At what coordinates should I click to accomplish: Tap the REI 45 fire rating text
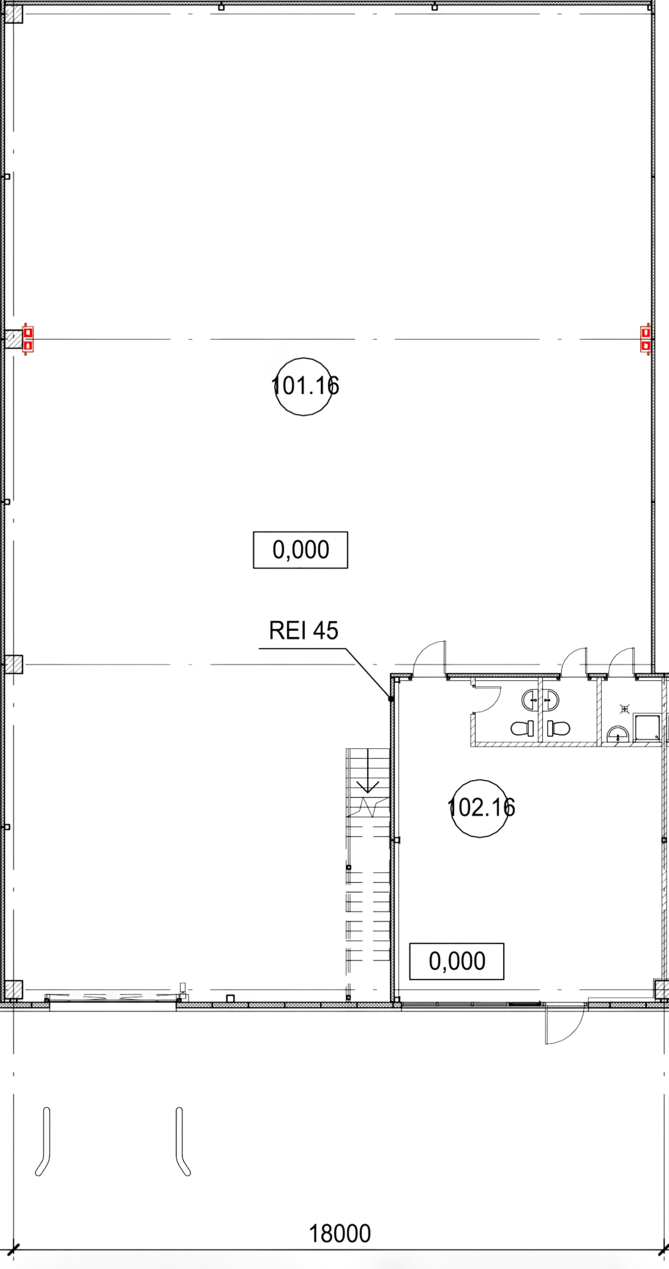[x=304, y=631]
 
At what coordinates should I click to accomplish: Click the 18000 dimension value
[x=340, y=1234]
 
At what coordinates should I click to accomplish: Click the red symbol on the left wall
[x=28, y=339]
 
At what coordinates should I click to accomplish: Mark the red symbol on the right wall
[x=646, y=339]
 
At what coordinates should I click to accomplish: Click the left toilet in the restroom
[x=522, y=728]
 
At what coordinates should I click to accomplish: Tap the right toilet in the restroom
[x=558, y=728]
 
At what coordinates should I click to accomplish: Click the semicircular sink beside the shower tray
[x=618, y=734]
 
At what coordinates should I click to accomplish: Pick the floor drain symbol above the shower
[x=624, y=709]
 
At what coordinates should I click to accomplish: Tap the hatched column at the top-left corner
[x=14, y=14]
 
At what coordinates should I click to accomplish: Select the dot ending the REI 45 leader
[x=391, y=699]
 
